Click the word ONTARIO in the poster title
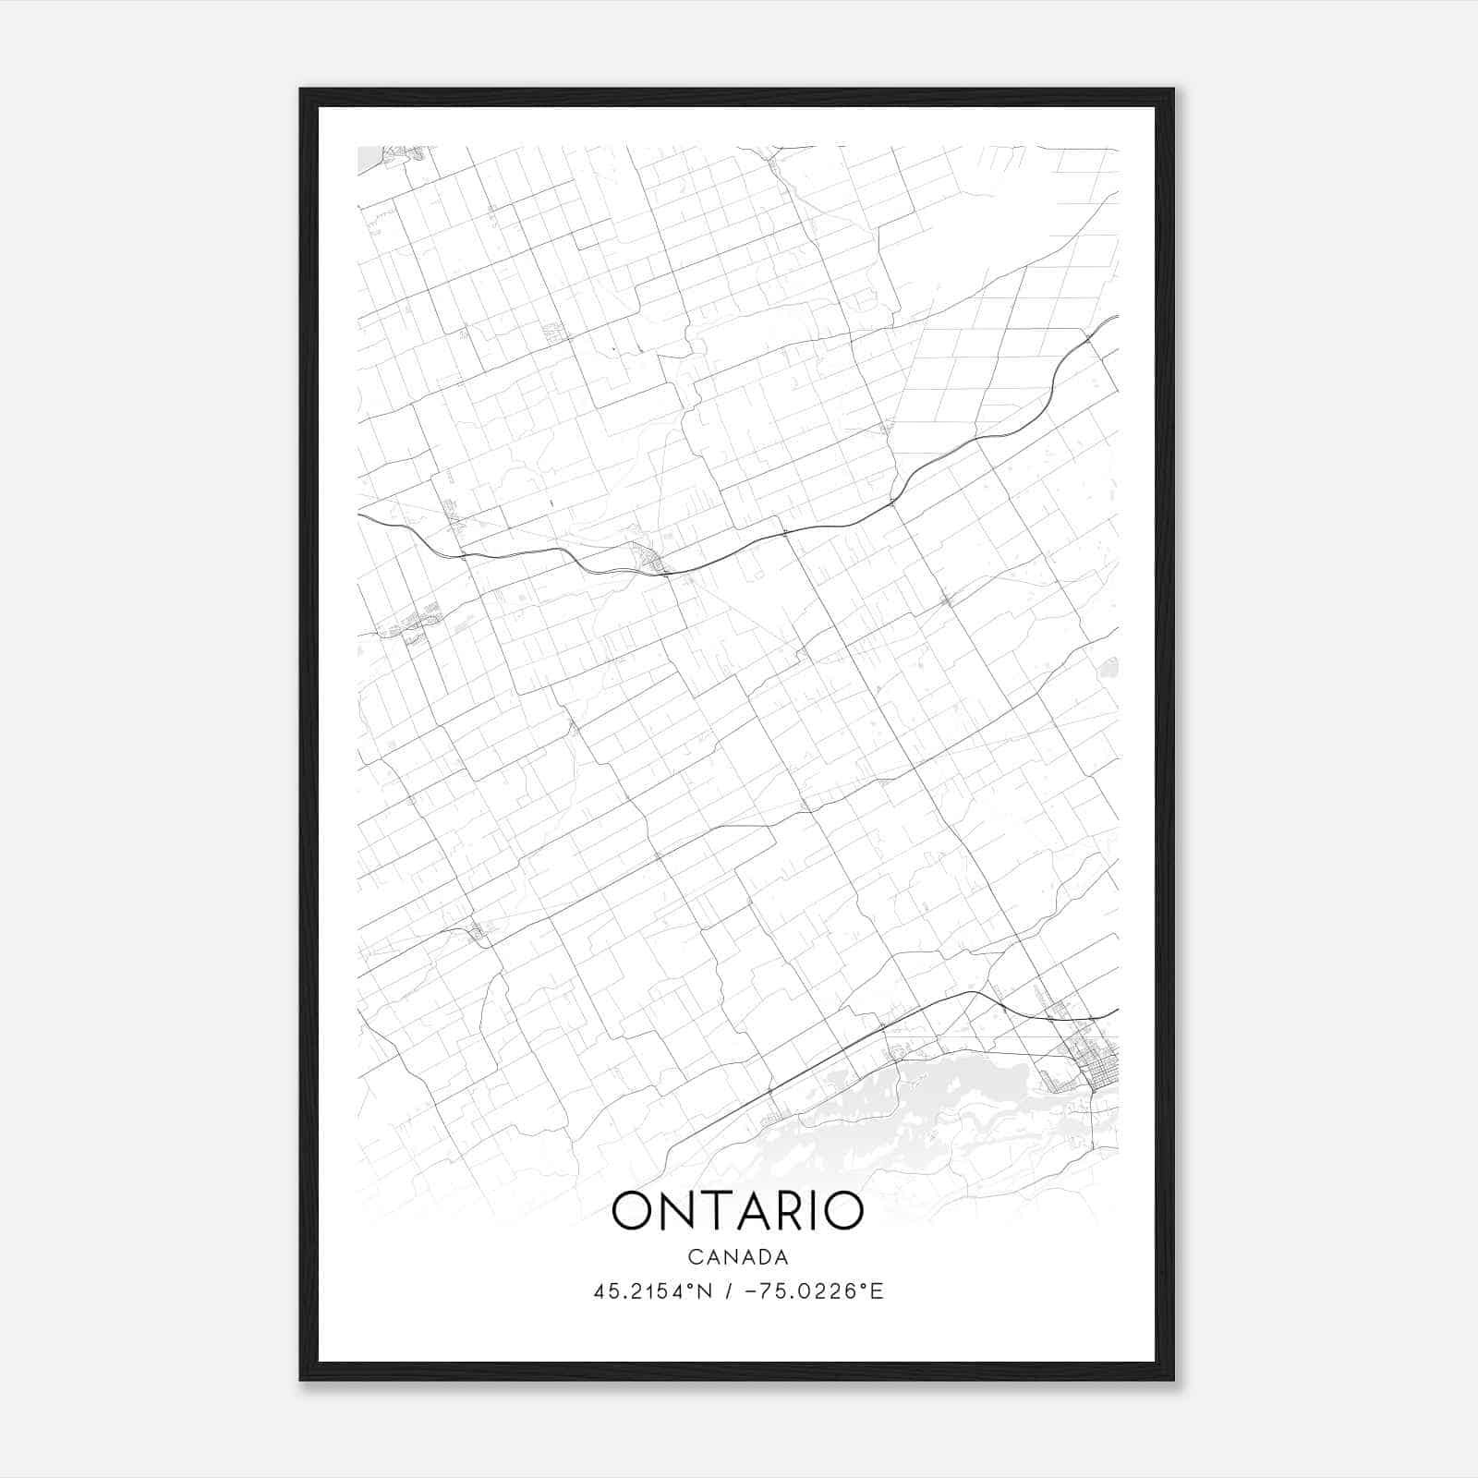click(737, 1211)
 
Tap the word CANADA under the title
click(737, 1257)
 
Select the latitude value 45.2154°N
click(653, 1291)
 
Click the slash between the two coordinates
click(729, 1291)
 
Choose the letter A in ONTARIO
click(751, 1211)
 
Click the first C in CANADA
click(694, 1257)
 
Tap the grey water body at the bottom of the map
click(961, 1108)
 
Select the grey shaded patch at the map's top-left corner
click(369, 159)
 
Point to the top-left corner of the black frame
click(301, 91)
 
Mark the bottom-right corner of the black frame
click(1172, 1380)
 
